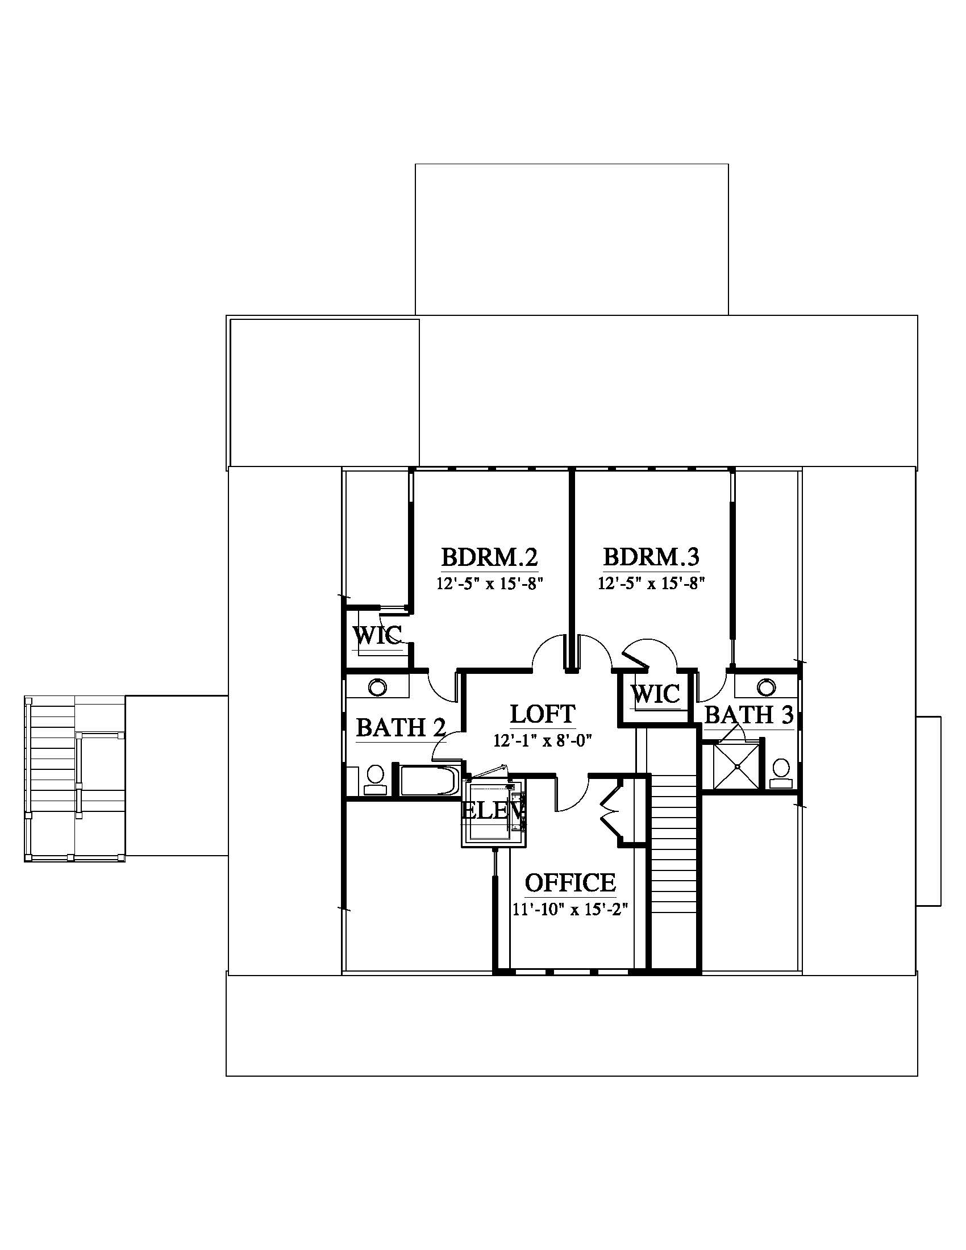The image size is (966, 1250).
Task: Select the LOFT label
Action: (542, 714)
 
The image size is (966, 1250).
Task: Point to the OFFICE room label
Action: (570, 883)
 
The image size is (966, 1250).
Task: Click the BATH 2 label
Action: (401, 728)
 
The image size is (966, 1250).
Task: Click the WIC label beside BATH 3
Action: (655, 694)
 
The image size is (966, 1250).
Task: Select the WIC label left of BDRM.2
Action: (377, 635)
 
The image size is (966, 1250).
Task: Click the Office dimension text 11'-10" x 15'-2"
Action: (570, 910)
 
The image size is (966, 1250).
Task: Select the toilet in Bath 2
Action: (375, 781)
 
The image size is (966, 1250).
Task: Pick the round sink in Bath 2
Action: (377, 687)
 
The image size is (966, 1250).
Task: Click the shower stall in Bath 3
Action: (738, 766)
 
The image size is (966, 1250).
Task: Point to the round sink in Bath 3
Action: (766, 687)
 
